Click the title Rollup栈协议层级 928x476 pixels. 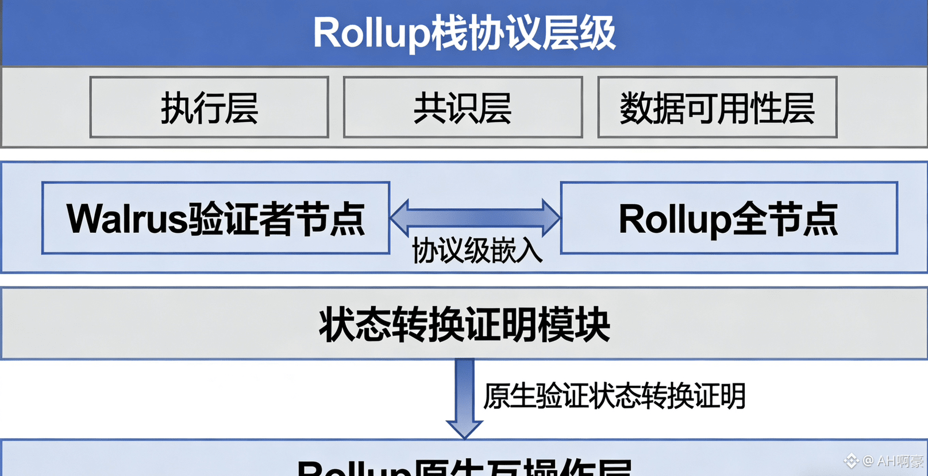464,33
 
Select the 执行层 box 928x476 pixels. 209,108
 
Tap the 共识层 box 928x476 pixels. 463,108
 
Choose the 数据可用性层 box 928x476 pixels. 717,108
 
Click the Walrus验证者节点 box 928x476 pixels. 215,218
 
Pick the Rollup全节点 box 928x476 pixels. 729,218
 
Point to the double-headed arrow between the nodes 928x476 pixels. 475,217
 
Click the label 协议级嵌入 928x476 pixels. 477,251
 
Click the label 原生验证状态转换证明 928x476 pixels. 614,396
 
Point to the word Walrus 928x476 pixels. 127,218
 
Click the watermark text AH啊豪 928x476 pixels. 900,461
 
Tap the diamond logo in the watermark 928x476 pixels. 851,460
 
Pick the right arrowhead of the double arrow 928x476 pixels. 551,217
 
